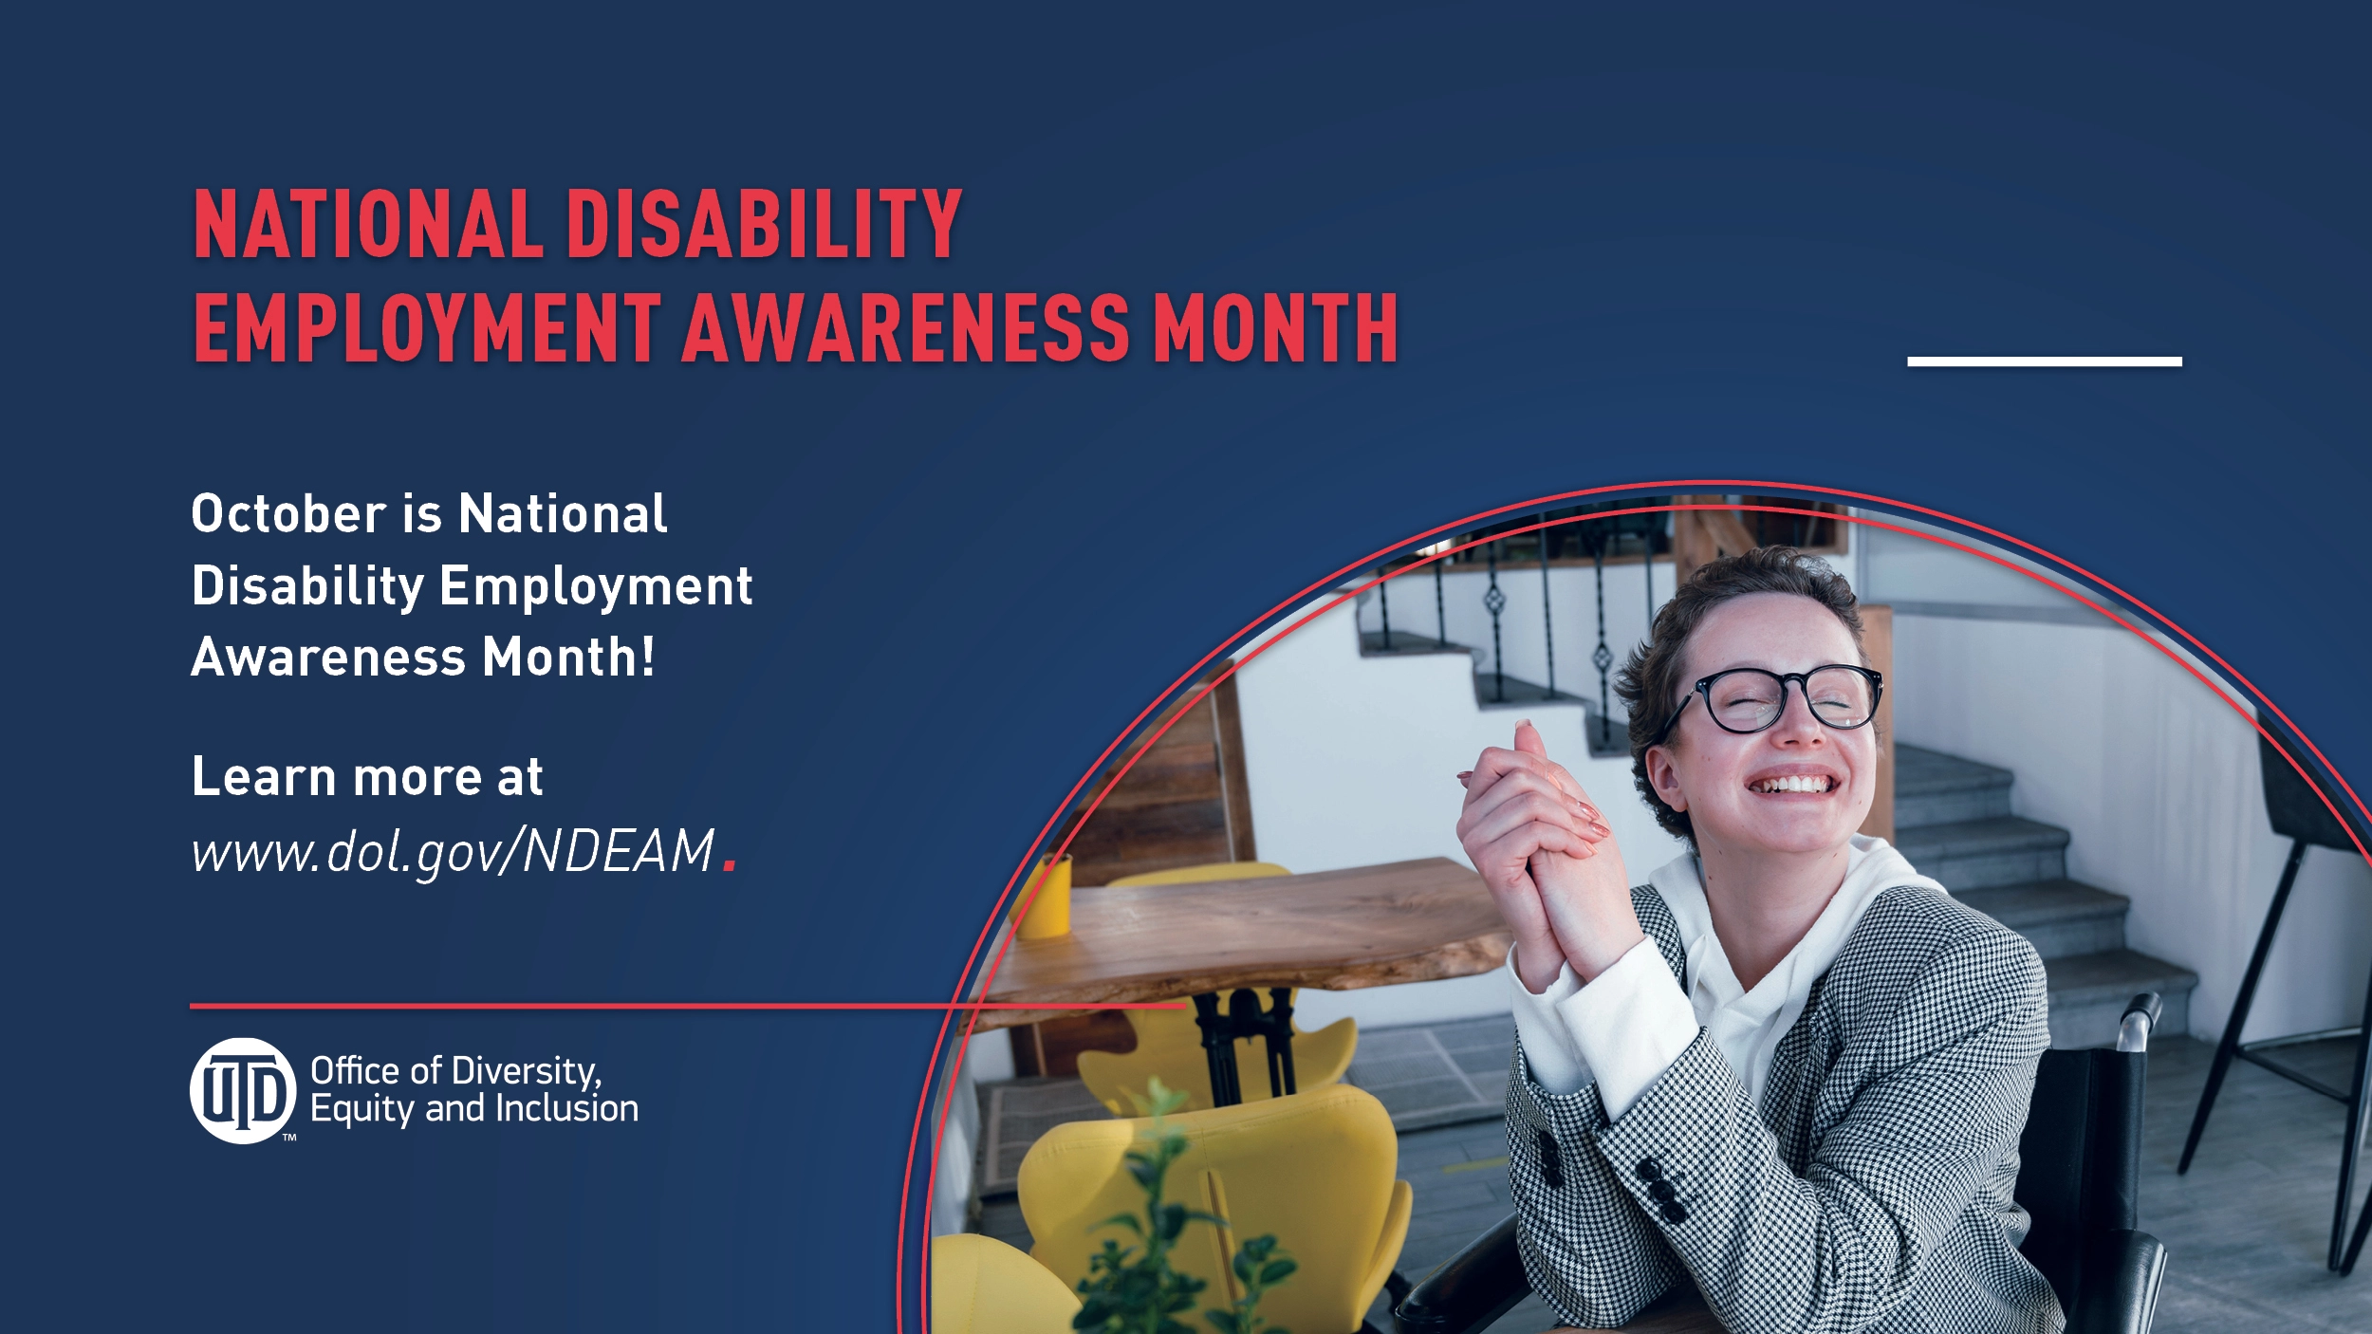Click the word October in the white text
point(288,514)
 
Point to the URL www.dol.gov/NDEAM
point(453,851)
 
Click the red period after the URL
point(730,863)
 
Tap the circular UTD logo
point(243,1091)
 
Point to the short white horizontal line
point(2045,361)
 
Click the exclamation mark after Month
point(648,657)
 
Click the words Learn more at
point(367,777)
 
